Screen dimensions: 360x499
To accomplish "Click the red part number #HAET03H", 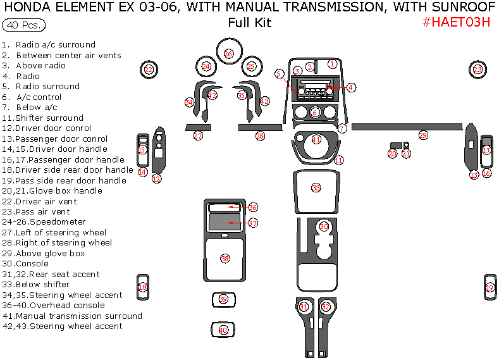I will pos(455,22).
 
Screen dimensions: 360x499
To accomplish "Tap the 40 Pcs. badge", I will pos(23,26).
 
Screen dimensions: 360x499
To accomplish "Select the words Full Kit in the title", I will pos(249,23).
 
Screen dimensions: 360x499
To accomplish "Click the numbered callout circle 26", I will pos(228,54).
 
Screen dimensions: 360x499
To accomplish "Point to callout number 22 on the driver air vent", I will pos(149,69).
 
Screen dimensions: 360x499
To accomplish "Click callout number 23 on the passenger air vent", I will pos(477,69).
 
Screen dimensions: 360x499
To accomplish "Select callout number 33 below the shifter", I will pos(316,188).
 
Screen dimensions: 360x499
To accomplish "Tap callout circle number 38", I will pos(225,258).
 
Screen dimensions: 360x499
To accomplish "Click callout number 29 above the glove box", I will pos(423,135).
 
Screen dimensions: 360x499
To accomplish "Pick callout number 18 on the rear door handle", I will pos(143,287).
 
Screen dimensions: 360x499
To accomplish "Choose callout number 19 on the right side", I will pos(490,288).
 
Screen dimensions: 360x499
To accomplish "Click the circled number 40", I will pos(223,330).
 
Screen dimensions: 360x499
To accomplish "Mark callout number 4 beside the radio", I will pos(351,87).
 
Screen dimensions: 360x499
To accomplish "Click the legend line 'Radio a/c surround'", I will pos(55,45).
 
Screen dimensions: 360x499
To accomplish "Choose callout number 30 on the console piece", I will pos(324,227).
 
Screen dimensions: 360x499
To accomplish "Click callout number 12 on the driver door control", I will pos(156,179).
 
